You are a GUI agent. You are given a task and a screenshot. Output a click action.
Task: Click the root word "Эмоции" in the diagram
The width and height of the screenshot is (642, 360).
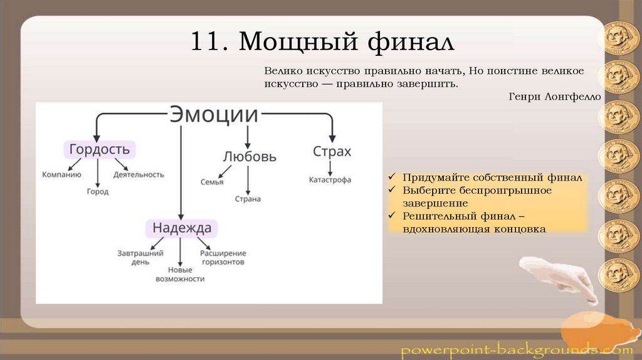(214, 116)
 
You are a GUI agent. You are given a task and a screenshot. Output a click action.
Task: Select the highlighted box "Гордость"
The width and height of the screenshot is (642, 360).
(100, 149)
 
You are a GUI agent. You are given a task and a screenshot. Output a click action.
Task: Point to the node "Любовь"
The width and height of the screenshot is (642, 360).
(249, 156)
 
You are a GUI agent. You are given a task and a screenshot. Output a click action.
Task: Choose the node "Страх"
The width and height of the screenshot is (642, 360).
(332, 151)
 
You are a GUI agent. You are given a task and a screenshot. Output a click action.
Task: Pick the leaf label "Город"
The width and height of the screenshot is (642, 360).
(97, 191)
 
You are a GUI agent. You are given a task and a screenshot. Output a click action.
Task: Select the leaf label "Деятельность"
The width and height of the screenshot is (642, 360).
(139, 174)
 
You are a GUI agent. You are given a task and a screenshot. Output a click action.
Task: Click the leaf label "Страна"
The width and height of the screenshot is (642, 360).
(248, 199)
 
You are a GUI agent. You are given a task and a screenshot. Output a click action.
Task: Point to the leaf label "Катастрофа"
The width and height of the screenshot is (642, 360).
(330, 180)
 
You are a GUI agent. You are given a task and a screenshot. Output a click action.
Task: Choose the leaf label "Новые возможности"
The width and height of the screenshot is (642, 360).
(181, 273)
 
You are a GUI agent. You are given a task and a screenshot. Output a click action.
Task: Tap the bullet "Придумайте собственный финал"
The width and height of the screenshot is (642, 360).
(492, 178)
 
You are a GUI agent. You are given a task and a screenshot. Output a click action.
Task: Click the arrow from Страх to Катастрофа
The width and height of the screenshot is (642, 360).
(330, 167)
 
